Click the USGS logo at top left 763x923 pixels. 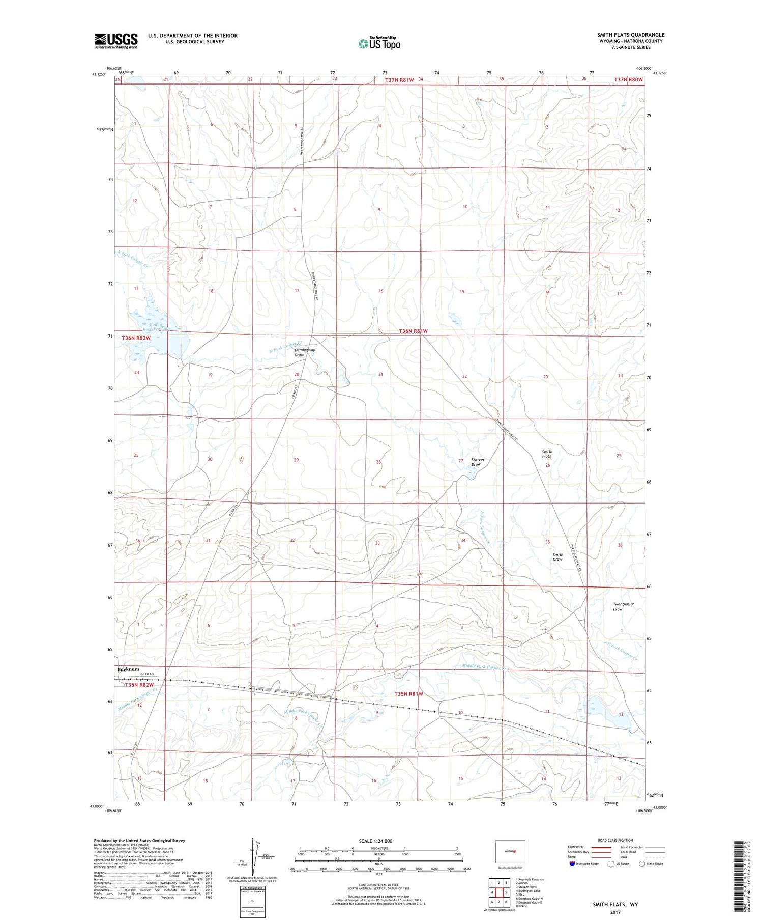tap(116, 41)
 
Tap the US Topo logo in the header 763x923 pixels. tap(379, 44)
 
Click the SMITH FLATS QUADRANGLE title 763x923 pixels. tap(630, 35)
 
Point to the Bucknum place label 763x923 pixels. tap(128, 669)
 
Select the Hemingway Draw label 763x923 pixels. tap(305, 352)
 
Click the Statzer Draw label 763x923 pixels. tap(477, 462)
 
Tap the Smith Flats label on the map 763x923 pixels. tap(547, 454)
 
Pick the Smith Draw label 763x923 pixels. tap(557, 557)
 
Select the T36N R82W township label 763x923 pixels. tap(136, 338)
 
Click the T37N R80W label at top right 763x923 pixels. tap(628, 80)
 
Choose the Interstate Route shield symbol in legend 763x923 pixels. tap(572, 864)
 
